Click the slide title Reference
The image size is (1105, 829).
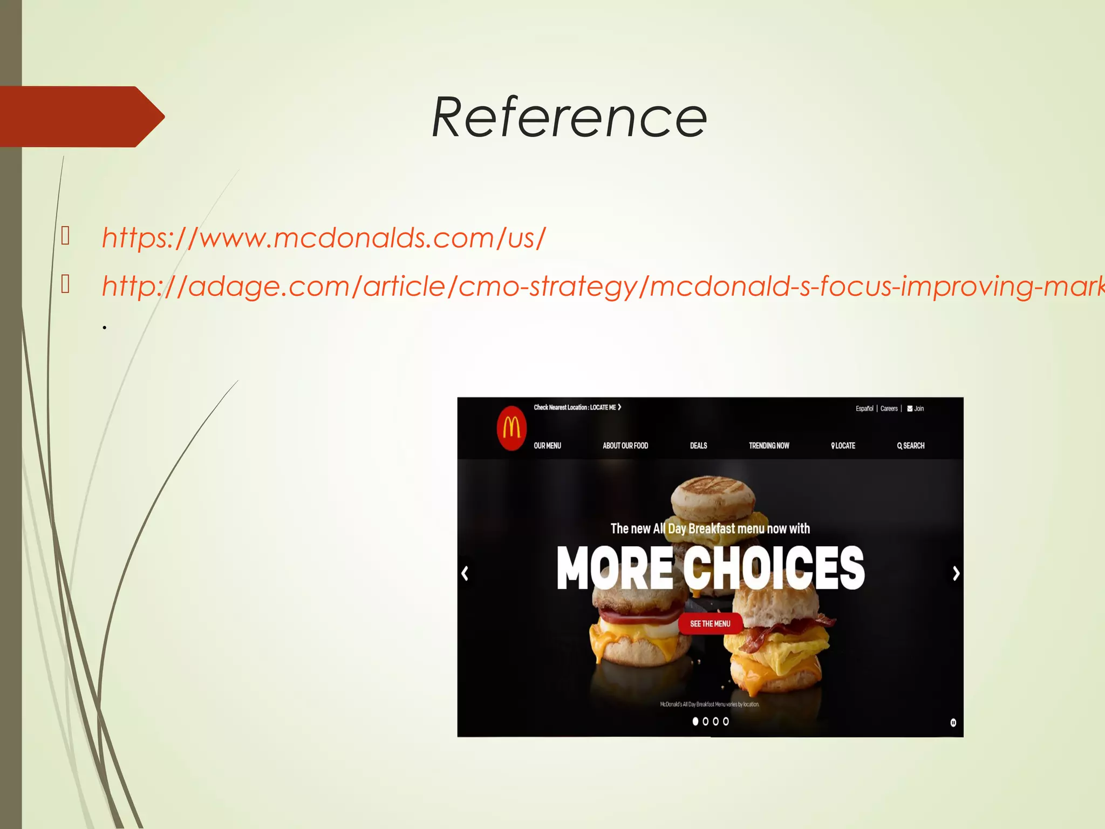(569, 117)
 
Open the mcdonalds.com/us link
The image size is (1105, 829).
(324, 238)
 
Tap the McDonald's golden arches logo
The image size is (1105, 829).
(511, 428)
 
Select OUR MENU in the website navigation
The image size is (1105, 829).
(547, 446)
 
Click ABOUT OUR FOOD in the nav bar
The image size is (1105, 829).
(625, 446)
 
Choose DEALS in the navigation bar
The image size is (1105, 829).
(698, 446)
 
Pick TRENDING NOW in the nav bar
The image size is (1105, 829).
(769, 446)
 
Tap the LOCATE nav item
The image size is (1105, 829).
(843, 446)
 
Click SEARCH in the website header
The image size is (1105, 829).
(911, 446)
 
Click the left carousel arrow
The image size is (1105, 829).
(465, 573)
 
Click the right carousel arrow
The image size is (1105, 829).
(956, 573)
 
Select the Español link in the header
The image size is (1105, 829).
(864, 409)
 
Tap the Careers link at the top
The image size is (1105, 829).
(889, 409)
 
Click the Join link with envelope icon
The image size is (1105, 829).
(916, 409)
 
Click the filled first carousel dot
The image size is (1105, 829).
(695, 721)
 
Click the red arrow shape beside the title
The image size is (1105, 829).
(81, 117)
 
